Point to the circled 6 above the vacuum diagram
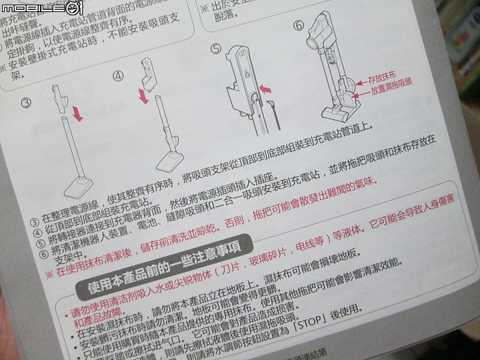[x=298, y=25]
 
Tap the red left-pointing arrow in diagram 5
[x=265, y=88]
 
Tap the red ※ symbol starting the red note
[x=49, y=274]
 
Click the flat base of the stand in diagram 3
[x=83, y=185]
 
